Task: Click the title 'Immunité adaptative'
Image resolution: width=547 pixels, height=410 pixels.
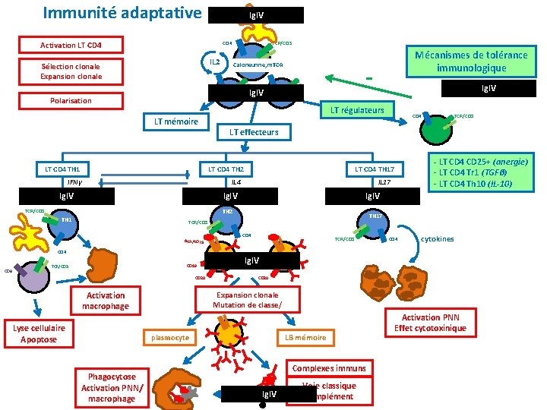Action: click(x=122, y=13)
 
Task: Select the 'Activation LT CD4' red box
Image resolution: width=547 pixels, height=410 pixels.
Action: click(x=71, y=45)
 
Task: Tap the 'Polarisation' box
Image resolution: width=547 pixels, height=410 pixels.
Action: click(x=71, y=100)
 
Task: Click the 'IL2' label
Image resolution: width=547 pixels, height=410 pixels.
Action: click(x=215, y=61)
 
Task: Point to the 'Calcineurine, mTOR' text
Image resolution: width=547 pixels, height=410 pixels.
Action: click(x=258, y=65)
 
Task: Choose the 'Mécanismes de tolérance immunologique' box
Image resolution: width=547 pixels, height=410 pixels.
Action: click(x=470, y=61)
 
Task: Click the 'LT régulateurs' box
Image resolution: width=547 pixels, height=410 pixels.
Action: click(x=356, y=111)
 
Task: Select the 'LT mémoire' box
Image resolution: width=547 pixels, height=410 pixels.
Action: click(x=176, y=122)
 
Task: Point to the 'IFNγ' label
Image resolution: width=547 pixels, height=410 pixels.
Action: click(x=74, y=182)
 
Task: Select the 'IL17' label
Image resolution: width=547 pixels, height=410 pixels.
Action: click(x=384, y=182)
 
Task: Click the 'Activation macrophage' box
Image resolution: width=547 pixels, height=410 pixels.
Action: click(x=106, y=301)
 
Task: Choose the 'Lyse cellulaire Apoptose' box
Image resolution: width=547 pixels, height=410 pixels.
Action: click(x=39, y=333)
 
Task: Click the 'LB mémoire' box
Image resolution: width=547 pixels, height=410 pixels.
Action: click(x=305, y=337)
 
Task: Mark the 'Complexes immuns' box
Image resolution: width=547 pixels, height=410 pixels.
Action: click(x=328, y=368)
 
